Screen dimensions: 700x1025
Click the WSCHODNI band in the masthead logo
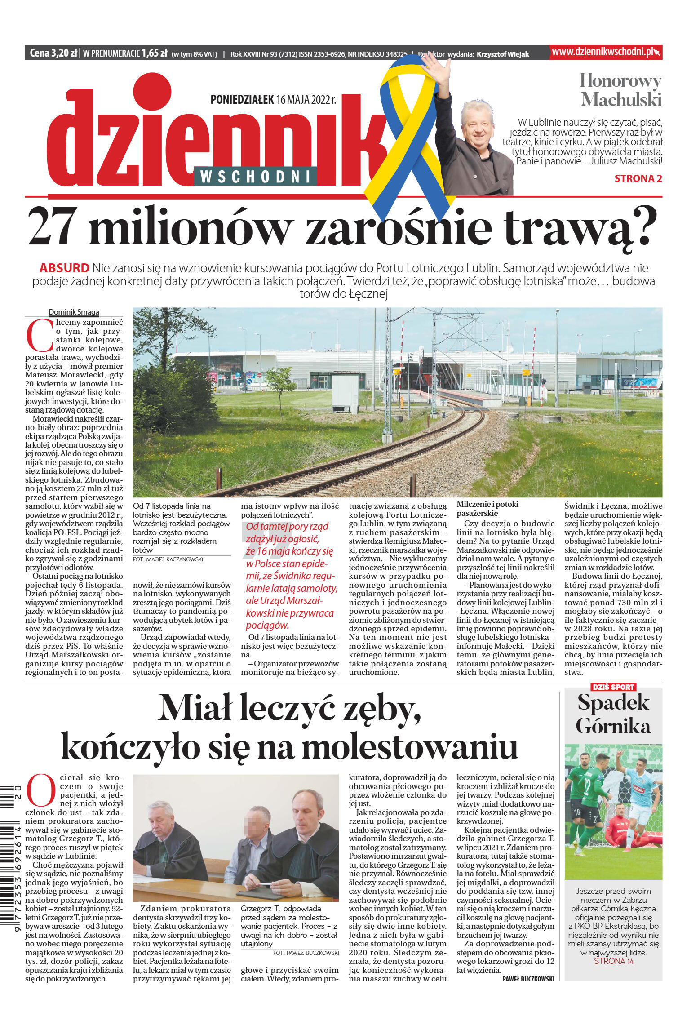coord(255,177)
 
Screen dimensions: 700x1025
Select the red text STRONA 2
coord(638,178)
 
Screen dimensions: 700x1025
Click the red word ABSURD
coord(64,268)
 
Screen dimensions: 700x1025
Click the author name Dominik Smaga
coord(74,312)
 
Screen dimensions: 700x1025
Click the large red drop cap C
coord(40,336)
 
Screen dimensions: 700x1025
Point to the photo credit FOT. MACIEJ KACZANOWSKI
coord(168,559)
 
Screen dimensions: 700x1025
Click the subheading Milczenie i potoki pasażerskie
coord(487,509)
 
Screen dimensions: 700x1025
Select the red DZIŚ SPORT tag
coord(613,687)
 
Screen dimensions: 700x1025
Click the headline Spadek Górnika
coord(613,714)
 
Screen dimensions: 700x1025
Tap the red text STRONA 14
coord(613,961)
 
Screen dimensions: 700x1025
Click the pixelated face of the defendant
coord(257,822)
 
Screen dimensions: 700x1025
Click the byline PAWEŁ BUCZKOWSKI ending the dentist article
coord(528,979)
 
